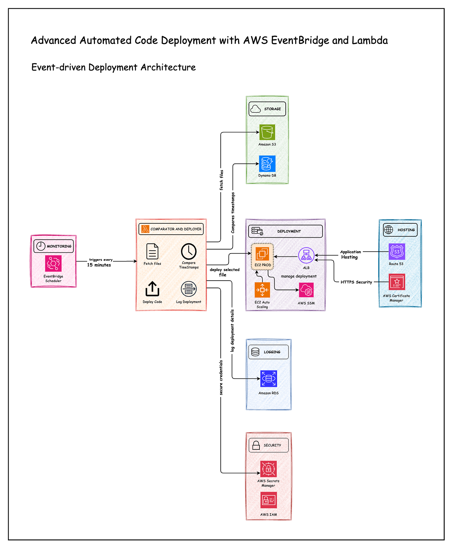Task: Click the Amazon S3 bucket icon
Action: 267,132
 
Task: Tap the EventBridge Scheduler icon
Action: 53,263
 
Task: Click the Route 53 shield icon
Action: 397,252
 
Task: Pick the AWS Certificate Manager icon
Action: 397,282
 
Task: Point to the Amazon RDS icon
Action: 268,379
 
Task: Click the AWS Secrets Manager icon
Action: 268,469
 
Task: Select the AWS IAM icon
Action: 268,500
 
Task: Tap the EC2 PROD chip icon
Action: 262,253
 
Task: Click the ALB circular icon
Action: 306,255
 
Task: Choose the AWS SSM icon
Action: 306,291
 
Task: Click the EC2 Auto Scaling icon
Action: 262,290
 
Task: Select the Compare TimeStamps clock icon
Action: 189,252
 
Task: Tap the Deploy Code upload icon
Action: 152,289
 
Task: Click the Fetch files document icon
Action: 152,252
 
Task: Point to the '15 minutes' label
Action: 99,265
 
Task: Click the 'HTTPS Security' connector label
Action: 356,282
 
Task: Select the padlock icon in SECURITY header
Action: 256,445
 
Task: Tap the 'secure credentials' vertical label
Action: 221,377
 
